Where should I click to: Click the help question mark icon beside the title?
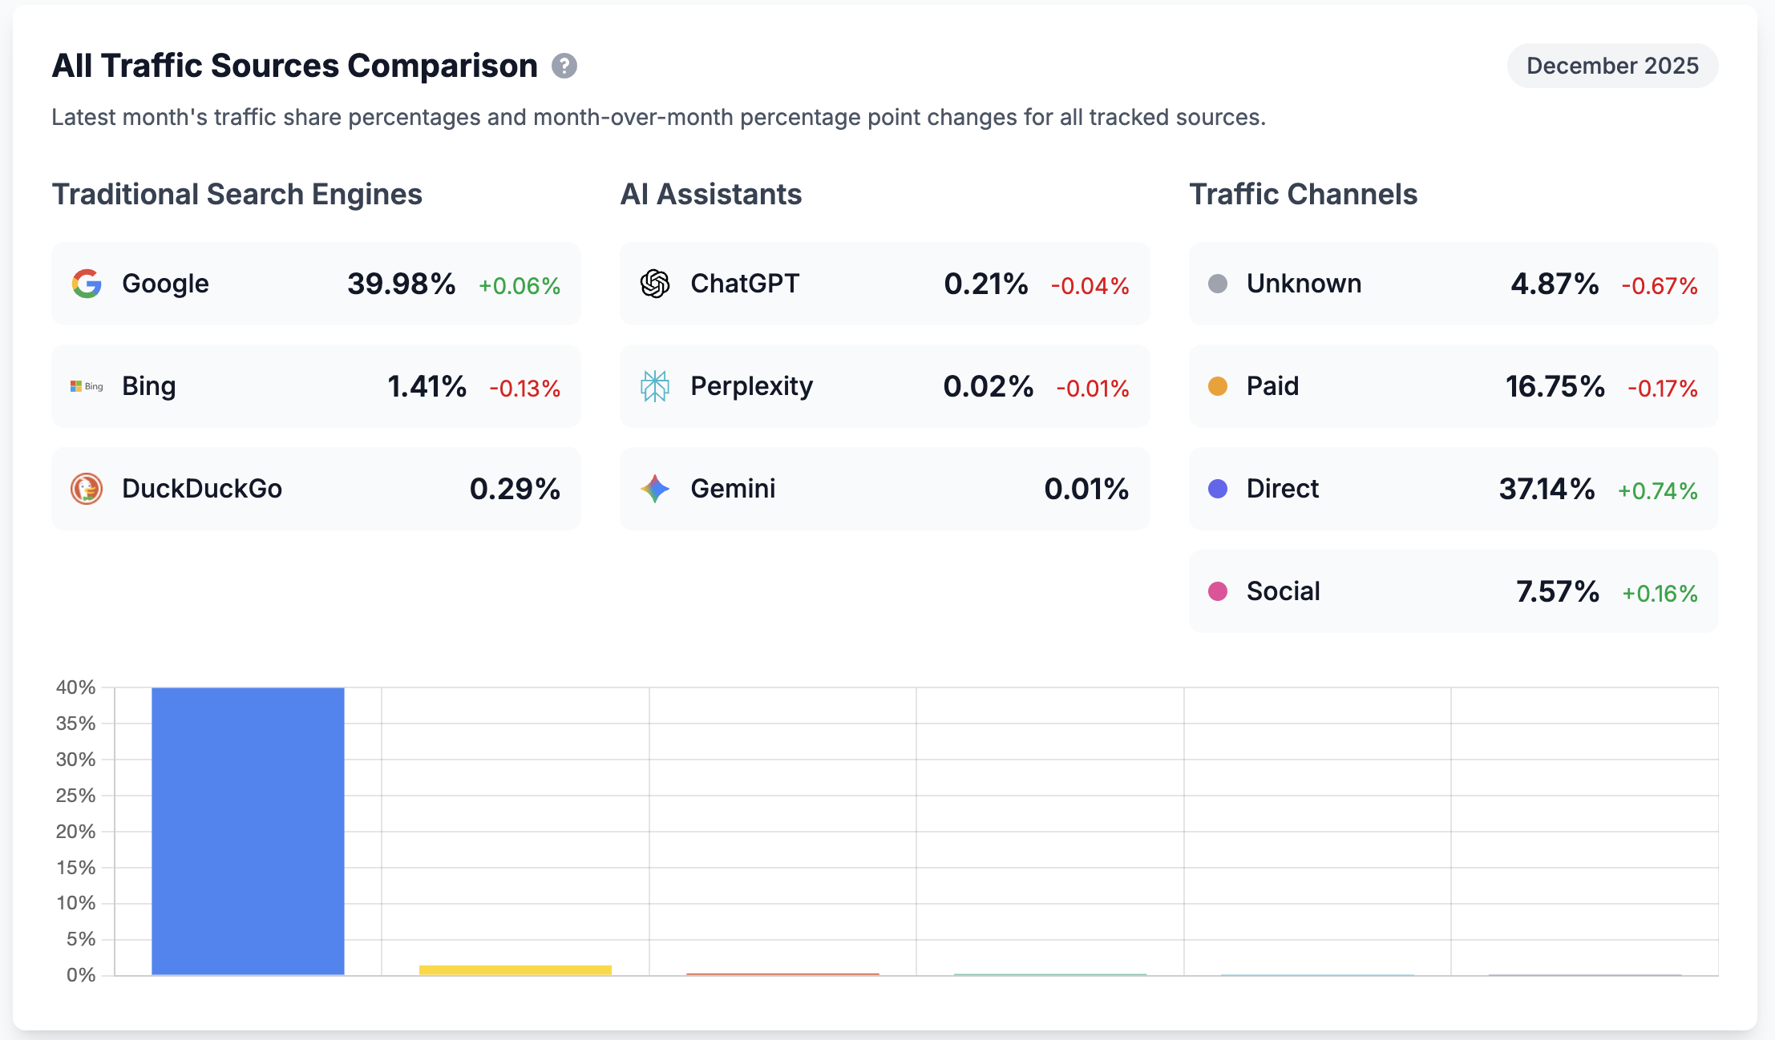[x=564, y=66]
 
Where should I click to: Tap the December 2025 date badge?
[x=1612, y=66]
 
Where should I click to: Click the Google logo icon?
[x=87, y=284]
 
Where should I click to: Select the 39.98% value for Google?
[x=401, y=284]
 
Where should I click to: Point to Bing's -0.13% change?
[x=525, y=389]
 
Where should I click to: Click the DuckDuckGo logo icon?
[x=87, y=489]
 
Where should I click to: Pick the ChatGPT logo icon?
[x=655, y=284]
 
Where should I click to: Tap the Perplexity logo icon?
[x=655, y=386]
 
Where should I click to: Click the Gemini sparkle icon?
[x=655, y=489]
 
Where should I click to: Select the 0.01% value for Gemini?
[x=1086, y=489]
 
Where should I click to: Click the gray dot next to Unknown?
[x=1218, y=284]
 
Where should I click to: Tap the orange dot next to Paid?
[x=1218, y=386]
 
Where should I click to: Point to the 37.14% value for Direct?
[x=1547, y=489]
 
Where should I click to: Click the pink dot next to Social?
[x=1218, y=591]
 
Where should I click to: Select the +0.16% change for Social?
[x=1660, y=594]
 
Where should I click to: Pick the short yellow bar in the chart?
[x=516, y=970]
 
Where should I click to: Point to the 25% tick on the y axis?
[x=76, y=796]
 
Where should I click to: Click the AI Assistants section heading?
[x=711, y=195]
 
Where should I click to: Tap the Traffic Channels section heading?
[x=1303, y=195]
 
